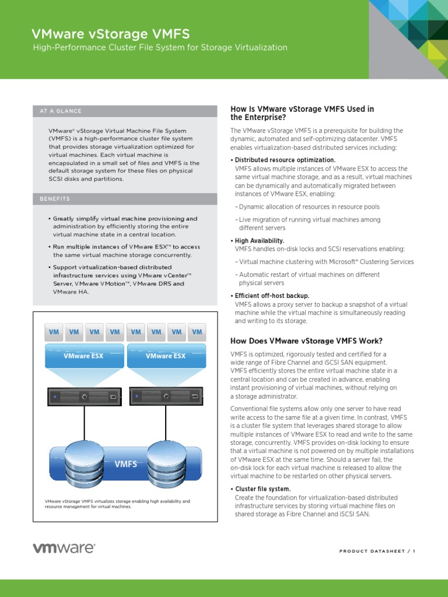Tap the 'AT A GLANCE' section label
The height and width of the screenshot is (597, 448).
[x=61, y=111]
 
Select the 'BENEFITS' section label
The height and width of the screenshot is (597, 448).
[x=55, y=199]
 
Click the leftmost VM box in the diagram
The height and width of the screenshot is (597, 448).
[x=54, y=332]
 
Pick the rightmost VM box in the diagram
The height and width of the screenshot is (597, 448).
[x=197, y=332]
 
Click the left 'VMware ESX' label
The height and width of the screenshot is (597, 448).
[x=83, y=356]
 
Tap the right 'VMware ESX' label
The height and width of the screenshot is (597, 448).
[x=166, y=356]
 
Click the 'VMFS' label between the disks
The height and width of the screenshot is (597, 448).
[x=125, y=464]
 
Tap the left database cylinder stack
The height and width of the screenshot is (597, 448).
[x=85, y=464]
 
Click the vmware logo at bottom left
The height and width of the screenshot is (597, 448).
[x=64, y=548]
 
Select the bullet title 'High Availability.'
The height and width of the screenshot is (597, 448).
[x=259, y=241]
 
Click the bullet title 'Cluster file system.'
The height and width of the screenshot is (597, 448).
[x=262, y=489]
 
